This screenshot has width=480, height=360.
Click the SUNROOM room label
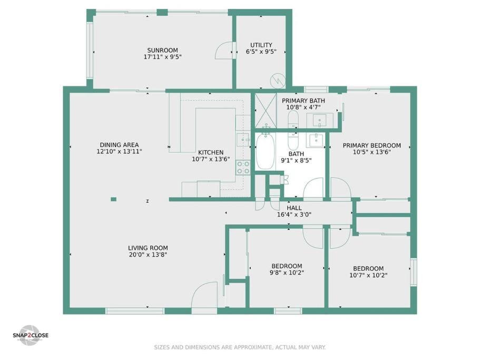tap(163, 50)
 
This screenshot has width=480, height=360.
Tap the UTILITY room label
tap(261, 45)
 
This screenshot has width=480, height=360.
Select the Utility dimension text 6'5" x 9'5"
tap(261, 52)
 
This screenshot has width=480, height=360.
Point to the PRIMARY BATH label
tap(303, 101)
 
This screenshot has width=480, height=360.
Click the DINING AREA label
tap(120, 145)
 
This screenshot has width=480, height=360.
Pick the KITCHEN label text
tap(211, 152)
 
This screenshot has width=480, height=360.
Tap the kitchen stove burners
tap(243, 168)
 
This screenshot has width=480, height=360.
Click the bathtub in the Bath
tap(265, 151)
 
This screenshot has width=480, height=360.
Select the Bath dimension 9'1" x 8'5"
tap(296, 160)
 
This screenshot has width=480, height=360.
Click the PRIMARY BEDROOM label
tap(371, 145)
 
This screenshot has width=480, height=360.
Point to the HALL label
tap(294, 208)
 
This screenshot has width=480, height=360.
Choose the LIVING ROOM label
tap(148, 248)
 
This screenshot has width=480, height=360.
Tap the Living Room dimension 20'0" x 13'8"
tap(148, 255)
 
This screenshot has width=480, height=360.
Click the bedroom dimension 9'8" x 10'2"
tap(287, 273)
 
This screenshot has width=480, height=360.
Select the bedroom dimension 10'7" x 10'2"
tap(368, 275)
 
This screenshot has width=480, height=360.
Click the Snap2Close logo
tap(31, 335)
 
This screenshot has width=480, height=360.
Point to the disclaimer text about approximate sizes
tap(240, 347)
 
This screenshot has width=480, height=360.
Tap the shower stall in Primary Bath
tap(266, 110)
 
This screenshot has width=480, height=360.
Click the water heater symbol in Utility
tap(278, 81)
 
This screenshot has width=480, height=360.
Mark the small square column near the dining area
tap(114, 199)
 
